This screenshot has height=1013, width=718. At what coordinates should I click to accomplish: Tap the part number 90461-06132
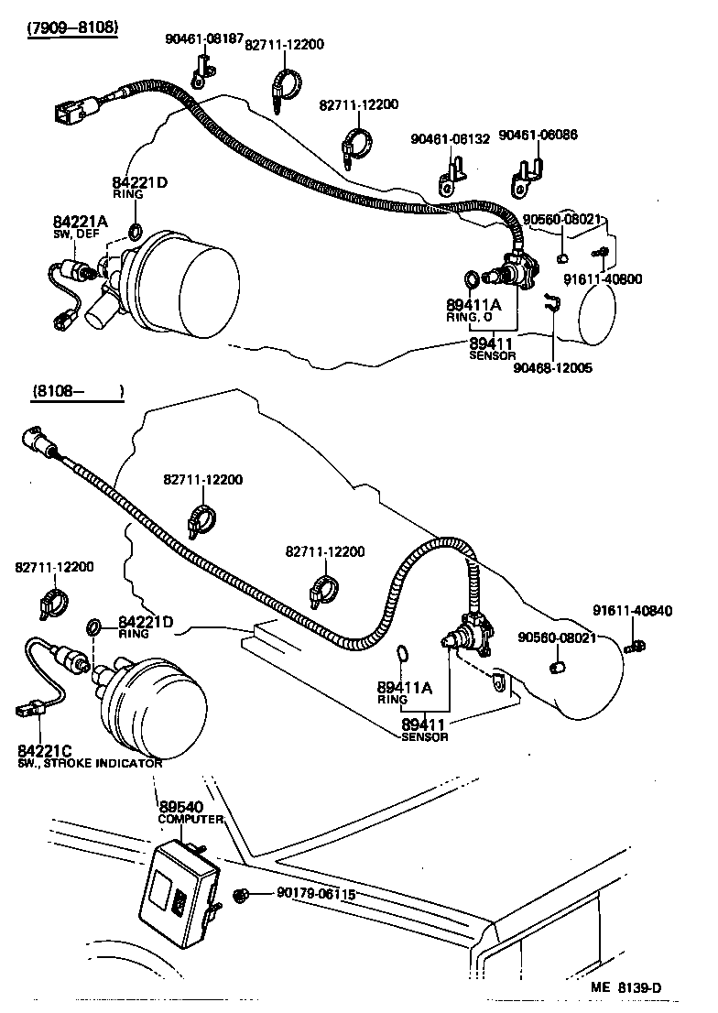[450, 138]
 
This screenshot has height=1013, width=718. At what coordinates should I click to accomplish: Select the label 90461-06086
[545, 135]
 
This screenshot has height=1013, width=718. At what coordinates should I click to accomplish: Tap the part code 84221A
[80, 222]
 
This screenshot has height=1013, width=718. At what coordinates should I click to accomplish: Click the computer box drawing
[179, 888]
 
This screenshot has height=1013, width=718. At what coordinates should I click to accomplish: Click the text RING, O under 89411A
[470, 317]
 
